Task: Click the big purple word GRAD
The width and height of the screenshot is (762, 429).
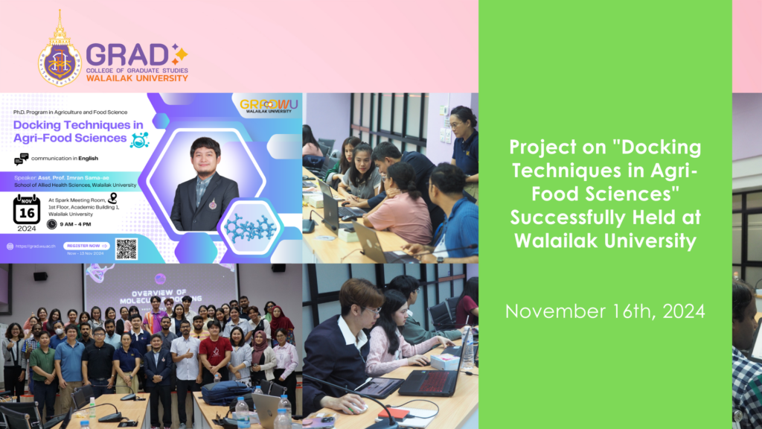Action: (x=127, y=54)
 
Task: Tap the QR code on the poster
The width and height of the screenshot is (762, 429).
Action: (x=126, y=248)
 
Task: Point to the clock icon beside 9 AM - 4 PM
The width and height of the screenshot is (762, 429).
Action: (x=51, y=224)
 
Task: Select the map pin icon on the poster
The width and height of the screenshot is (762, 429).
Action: (x=112, y=197)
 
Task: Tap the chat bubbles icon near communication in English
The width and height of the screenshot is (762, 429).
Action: (x=21, y=159)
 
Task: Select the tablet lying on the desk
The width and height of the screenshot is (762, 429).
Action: (x=380, y=387)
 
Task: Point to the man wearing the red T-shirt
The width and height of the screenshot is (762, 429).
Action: (x=215, y=350)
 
